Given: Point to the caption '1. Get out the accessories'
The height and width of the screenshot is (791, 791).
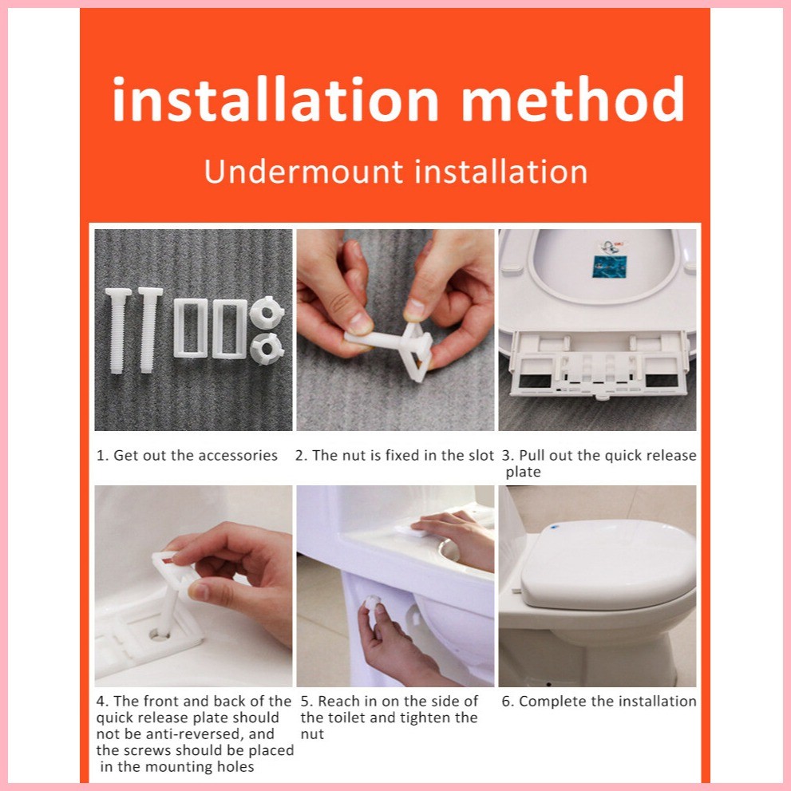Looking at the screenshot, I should click(187, 456).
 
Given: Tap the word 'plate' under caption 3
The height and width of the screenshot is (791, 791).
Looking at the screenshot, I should click(523, 473).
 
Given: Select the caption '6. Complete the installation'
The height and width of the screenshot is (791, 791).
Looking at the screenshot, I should click(599, 702).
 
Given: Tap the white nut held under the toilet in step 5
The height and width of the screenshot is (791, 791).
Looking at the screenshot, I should click(372, 605).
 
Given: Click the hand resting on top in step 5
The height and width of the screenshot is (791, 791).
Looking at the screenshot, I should click(455, 535).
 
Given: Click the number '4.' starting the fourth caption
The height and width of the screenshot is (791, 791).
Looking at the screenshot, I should click(102, 702).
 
